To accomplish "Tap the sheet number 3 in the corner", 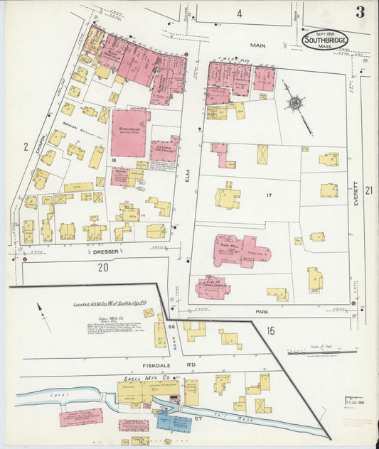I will coord(361,11).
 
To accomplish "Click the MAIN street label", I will coord(257,45).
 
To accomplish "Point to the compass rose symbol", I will coord(293,102).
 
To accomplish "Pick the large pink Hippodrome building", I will coord(129,132).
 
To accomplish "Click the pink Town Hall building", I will coord(240,251).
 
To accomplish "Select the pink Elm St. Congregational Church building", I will coord(213,287).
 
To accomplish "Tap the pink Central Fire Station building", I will coord(164,150).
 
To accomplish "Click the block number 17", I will coord(269,195).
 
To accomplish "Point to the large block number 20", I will coord(104,267).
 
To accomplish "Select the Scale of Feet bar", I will coord(321,352).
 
